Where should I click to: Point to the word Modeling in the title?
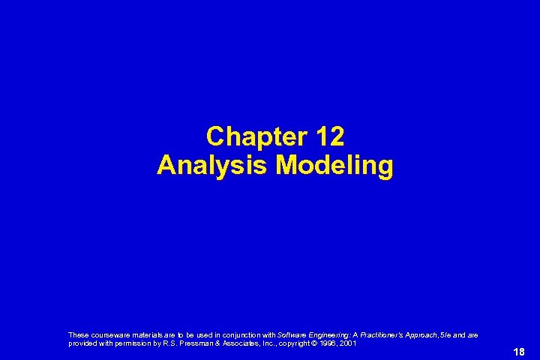pos(334,166)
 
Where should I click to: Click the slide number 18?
pos(519,352)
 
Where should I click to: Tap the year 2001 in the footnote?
pos(349,343)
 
